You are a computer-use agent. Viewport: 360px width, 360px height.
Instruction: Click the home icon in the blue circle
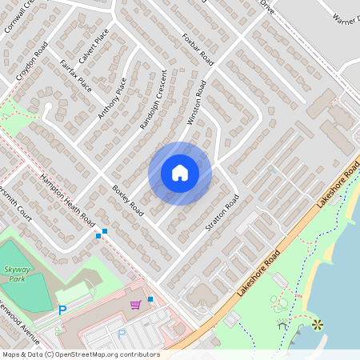coord(180,173)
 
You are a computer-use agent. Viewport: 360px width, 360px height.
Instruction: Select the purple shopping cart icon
coord(136,304)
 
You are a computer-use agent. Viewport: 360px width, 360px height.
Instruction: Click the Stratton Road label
coord(222,215)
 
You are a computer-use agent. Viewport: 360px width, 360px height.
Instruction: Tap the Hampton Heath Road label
coord(69,200)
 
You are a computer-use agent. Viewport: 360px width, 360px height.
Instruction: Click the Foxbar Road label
coord(198,49)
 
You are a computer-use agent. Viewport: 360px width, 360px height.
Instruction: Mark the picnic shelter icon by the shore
coord(282,325)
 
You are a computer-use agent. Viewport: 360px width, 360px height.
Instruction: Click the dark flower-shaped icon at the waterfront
coord(318,324)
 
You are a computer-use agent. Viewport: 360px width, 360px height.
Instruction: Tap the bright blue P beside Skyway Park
coord(62,310)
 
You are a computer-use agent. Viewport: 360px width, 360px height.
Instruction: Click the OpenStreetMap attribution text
coord(80,354)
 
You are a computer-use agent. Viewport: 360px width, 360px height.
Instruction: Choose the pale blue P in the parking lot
coord(122,333)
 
